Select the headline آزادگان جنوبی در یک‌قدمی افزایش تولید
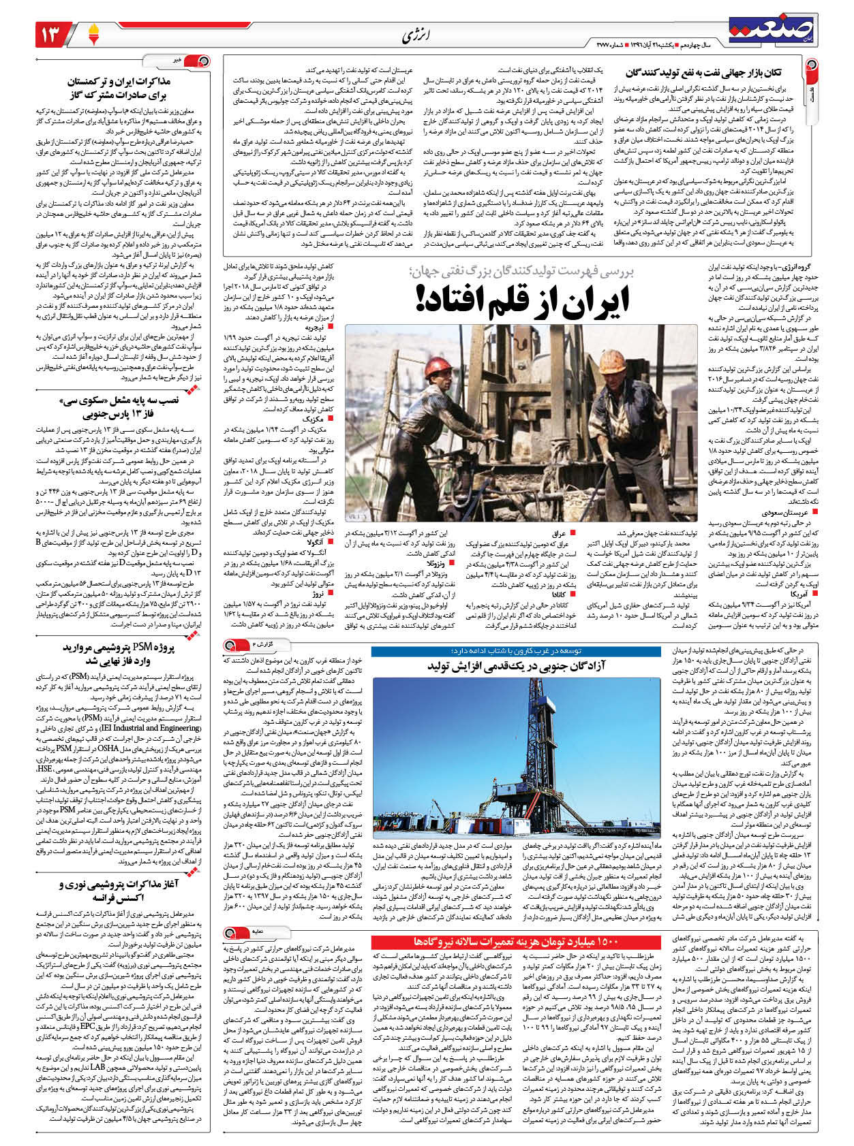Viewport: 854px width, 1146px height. (516, 665)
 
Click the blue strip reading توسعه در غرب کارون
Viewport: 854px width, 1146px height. (516, 650)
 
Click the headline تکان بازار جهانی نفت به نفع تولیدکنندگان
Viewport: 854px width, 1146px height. (703, 73)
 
